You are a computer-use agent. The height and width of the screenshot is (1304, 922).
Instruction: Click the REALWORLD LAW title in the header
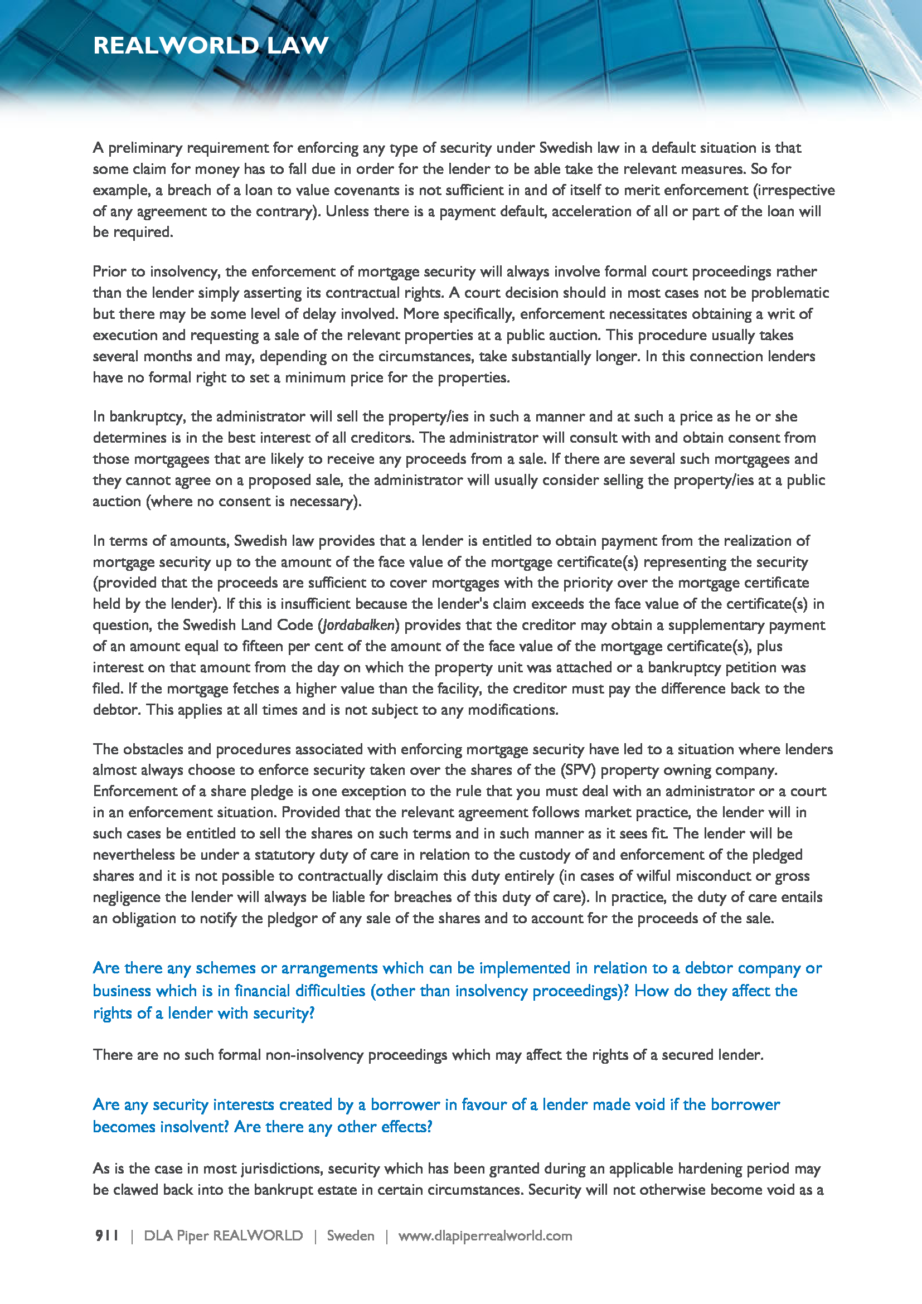point(211,45)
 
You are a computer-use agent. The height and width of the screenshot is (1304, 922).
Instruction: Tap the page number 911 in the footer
point(106,1236)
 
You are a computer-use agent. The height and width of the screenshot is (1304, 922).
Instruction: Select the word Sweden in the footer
point(350,1236)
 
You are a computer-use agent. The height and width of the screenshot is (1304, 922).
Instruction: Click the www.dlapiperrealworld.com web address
point(485,1236)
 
